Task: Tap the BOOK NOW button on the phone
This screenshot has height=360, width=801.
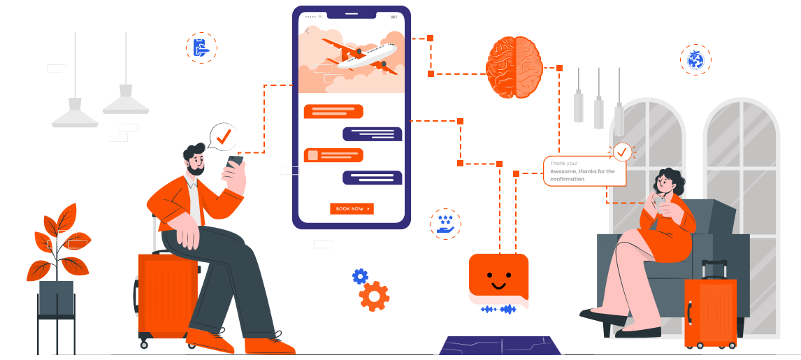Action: tap(352, 208)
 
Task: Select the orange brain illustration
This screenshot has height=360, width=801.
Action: tap(514, 67)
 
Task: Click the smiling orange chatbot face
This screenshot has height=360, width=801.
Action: tap(498, 279)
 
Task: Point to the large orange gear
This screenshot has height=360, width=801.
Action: tap(374, 296)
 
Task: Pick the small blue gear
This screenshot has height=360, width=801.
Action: tap(360, 276)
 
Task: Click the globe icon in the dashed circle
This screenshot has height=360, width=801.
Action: tap(695, 59)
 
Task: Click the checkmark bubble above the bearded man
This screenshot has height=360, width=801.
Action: tap(224, 137)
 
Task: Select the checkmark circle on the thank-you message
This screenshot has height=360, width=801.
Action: tap(621, 152)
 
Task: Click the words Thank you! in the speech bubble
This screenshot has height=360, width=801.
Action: tap(563, 163)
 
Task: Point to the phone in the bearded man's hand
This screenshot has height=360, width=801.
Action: tap(236, 161)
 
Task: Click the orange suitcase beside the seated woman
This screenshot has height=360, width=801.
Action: tap(710, 310)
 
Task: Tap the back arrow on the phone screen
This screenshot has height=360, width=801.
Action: tap(308, 30)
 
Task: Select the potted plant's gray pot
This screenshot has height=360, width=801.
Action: tap(56, 298)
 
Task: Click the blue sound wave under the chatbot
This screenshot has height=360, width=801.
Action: tap(498, 309)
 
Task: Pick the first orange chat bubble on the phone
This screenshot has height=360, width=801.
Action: tap(333, 111)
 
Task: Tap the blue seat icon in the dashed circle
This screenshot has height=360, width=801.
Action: tap(201, 48)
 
